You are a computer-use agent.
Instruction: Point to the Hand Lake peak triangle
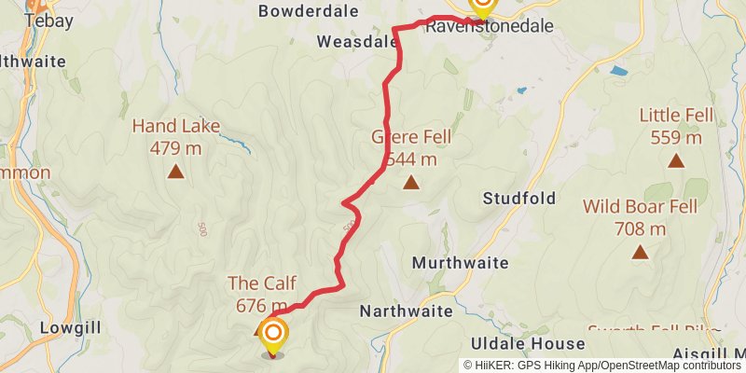pos(175,172)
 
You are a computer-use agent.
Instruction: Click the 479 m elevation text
pos(175,146)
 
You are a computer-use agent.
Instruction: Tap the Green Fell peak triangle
pos(410,182)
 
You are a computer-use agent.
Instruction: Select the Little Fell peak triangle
pos(676,160)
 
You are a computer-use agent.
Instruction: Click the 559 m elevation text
pos(676,137)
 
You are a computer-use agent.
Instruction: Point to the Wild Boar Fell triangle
pos(640,252)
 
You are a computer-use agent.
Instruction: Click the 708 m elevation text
pos(640,228)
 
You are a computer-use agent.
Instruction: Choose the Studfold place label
pos(519,198)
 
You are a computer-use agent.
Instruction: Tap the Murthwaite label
pos(459,263)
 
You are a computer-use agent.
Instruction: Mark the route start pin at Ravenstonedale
pos(483,6)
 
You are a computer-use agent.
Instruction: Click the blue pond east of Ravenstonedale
pos(617,70)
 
